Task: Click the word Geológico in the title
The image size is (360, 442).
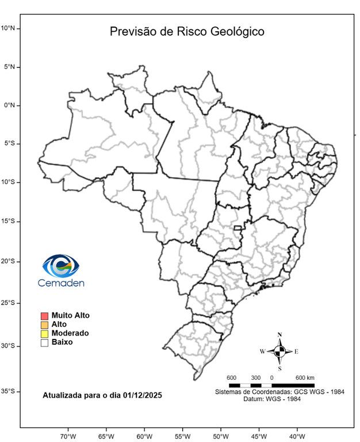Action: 236,32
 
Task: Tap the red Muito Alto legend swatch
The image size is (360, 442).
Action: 44,315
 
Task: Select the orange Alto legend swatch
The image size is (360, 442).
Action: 44,325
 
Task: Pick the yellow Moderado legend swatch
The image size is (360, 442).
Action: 44,333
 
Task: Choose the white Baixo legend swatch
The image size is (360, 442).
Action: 44,342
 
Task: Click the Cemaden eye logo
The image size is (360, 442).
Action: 60,266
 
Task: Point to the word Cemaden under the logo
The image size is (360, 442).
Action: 61,283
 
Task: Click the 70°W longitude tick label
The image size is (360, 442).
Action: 68,436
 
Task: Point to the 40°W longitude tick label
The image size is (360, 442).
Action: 297,436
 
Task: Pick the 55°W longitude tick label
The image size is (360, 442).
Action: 182,436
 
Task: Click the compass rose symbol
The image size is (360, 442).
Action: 279,351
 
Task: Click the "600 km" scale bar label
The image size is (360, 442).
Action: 305,378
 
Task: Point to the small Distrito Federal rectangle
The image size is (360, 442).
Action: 238,228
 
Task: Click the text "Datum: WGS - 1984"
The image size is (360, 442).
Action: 279,399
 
